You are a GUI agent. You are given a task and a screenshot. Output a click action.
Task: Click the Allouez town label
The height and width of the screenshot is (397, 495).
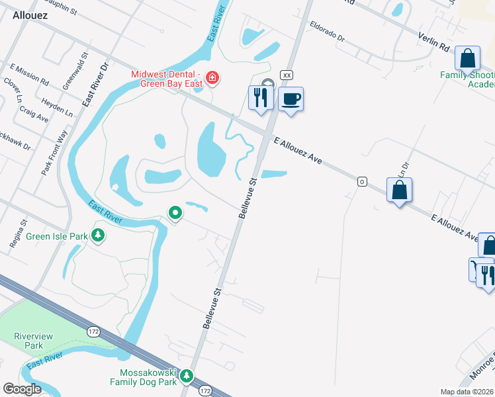click(29, 15)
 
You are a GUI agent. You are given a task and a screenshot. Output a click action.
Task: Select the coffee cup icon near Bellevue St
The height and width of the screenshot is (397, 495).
click(291, 99)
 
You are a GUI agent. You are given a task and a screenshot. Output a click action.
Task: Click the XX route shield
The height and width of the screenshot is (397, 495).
click(287, 75)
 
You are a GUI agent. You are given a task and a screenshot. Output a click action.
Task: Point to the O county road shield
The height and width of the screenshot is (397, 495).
click(362, 181)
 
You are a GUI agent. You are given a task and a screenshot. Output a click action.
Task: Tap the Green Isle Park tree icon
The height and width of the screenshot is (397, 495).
click(98, 235)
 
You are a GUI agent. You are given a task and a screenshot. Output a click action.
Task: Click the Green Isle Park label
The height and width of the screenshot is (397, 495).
click(58, 236)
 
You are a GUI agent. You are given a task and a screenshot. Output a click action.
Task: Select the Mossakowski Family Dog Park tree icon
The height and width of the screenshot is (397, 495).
click(187, 376)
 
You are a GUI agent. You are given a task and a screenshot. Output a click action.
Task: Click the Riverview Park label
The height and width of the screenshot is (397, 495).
click(29, 341)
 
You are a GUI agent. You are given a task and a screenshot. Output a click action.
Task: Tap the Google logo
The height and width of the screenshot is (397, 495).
click(21, 389)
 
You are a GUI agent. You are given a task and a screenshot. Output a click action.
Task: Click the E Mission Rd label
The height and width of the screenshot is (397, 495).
click(30, 75)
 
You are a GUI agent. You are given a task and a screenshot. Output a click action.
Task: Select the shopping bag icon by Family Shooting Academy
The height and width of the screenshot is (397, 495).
click(467, 58)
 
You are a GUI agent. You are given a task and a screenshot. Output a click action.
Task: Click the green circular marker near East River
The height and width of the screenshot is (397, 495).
click(175, 213)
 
